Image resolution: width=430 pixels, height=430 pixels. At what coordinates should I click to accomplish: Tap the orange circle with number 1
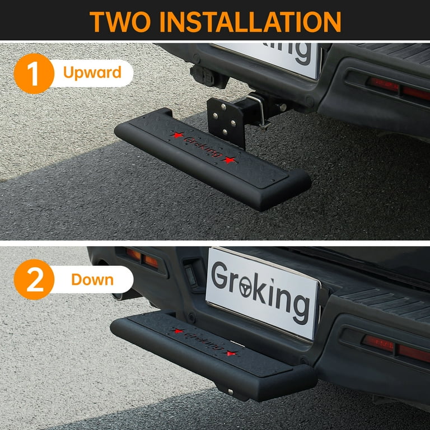coord(34,73)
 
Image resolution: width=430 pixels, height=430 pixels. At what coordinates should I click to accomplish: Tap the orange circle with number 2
coord(34,280)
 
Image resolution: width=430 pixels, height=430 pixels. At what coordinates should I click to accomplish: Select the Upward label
coord(92,73)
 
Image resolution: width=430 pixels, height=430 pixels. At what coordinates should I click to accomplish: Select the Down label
coord(92,280)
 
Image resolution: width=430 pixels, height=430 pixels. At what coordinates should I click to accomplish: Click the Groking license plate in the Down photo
coord(262,292)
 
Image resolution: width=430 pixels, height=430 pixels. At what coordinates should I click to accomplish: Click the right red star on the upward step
coord(228,161)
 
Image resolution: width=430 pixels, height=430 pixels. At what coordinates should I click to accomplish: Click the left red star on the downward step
coord(178,331)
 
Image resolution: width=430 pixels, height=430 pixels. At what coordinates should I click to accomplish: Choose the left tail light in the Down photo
coord(142,258)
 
